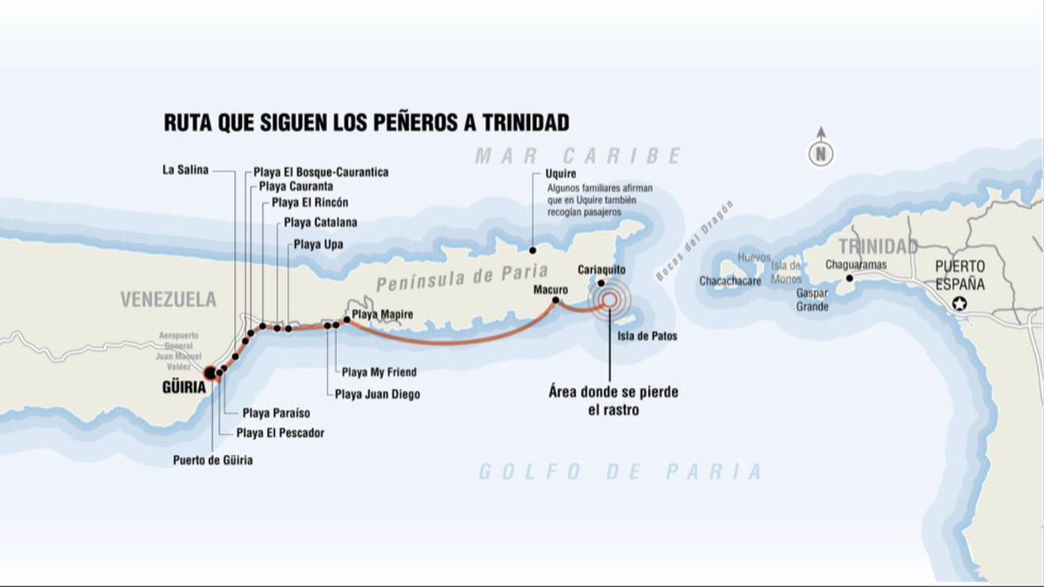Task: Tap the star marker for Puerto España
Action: (x=960, y=304)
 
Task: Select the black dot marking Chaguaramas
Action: (x=850, y=278)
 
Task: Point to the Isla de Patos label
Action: (x=646, y=336)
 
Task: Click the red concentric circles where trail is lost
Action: (x=609, y=300)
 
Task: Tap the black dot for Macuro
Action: (x=555, y=301)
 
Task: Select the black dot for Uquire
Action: (x=533, y=248)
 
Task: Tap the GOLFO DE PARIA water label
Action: (x=619, y=472)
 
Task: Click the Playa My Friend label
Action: (x=378, y=372)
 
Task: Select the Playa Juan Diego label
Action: (x=378, y=395)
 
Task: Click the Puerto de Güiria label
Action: (x=213, y=460)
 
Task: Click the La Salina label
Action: (x=185, y=170)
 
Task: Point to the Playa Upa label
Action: (x=318, y=244)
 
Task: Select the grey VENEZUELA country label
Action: (x=168, y=300)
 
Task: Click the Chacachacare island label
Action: (x=731, y=282)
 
